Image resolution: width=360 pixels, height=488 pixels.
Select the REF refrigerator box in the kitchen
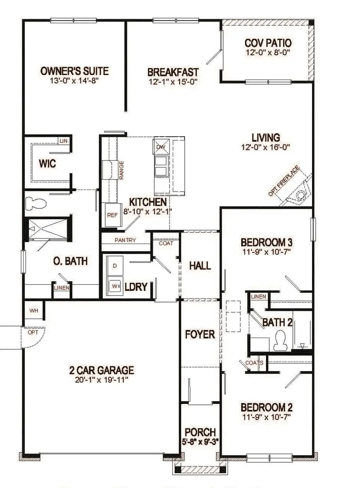(x=111, y=215)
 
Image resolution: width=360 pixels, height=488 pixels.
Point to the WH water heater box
(x=34, y=310)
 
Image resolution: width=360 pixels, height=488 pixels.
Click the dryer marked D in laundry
(x=115, y=266)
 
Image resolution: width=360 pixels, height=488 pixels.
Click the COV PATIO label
(x=268, y=43)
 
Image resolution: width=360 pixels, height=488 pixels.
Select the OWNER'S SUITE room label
(x=74, y=71)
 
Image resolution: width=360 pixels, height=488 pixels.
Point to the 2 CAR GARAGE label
(x=101, y=370)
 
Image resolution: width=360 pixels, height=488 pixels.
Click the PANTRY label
(x=125, y=240)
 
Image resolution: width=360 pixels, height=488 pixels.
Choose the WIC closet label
(x=47, y=164)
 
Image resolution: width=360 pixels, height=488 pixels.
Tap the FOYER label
(x=200, y=334)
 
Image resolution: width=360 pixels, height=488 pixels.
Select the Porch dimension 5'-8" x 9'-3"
(x=200, y=442)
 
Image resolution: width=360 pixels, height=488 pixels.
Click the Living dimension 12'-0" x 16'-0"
(x=265, y=147)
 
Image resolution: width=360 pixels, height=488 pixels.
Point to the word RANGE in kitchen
(x=121, y=170)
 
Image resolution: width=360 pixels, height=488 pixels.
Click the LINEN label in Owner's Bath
(x=62, y=288)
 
